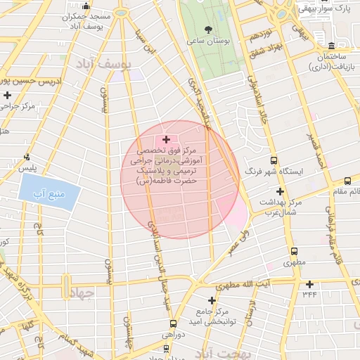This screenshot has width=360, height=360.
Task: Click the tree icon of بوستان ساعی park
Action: click(x=207, y=30)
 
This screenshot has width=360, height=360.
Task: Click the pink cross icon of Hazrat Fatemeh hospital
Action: click(x=166, y=140)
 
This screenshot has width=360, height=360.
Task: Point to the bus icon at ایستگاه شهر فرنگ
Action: click(x=274, y=160)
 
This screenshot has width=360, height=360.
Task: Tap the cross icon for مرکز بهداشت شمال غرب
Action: click(x=280, y=191)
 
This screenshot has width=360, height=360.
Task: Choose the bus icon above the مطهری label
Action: click(x=292, y=251)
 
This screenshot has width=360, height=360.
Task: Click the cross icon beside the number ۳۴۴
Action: click(x=310, y=284)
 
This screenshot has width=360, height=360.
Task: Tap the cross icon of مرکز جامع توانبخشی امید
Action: click(x=211, y=301)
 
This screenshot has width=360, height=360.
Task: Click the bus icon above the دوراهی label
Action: click(x=173, y=324)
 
